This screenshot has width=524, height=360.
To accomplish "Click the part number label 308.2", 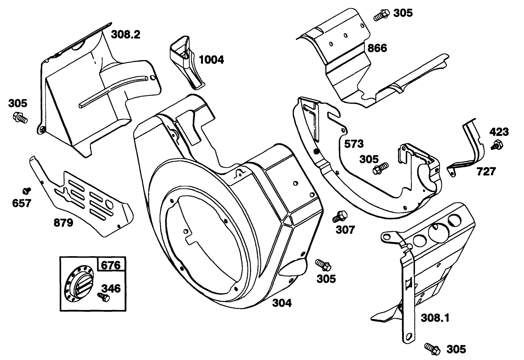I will (x=125, y=34).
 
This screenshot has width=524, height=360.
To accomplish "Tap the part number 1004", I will (x=211, y=60).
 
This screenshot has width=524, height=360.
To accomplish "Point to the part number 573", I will (x=354, y=144).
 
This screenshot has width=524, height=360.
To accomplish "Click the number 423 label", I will (x=499, y=132).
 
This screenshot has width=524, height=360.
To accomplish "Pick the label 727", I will (x=486, y=171).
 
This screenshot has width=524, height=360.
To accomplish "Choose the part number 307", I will (x=346, y=229).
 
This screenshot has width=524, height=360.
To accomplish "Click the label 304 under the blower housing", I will (x=282, y=303).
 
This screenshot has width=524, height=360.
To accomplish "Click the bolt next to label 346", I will (x=103, y=297).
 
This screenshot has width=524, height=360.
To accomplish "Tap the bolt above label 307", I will (x=339, y=216).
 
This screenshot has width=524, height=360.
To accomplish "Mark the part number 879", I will (x=63, y=223).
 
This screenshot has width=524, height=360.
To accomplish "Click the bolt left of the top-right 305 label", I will (x=382, y=14).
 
